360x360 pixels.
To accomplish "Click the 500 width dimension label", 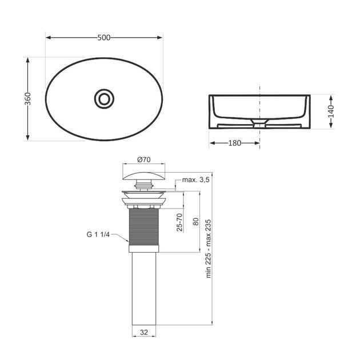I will (x=103, y=38).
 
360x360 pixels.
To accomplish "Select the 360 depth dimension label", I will (x=27, y=98).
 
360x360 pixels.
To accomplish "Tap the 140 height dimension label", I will (x=331, y=110).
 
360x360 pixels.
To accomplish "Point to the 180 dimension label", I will (x=234, y=143).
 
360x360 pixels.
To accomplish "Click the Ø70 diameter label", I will (x=143, y=159).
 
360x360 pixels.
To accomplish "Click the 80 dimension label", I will (x=195, y=221).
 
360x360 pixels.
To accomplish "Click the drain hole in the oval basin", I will (x=104, y=98).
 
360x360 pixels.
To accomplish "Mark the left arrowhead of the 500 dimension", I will (x=48, y=38).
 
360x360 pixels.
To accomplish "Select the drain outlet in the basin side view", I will (x=260, y=122).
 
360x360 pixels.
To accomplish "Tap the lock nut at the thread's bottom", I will (x=143, y=249).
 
